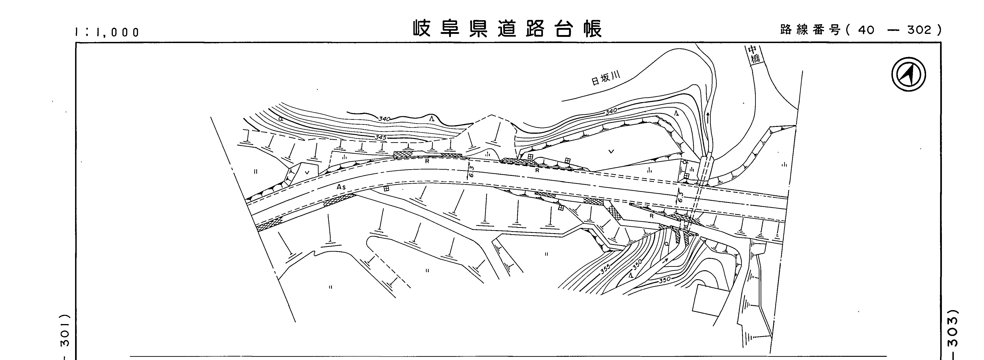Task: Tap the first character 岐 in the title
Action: pos(422,28)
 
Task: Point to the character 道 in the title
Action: pos(507,28)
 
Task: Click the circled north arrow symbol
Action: pos(908,74)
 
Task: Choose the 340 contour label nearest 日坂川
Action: pos(611,112)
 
